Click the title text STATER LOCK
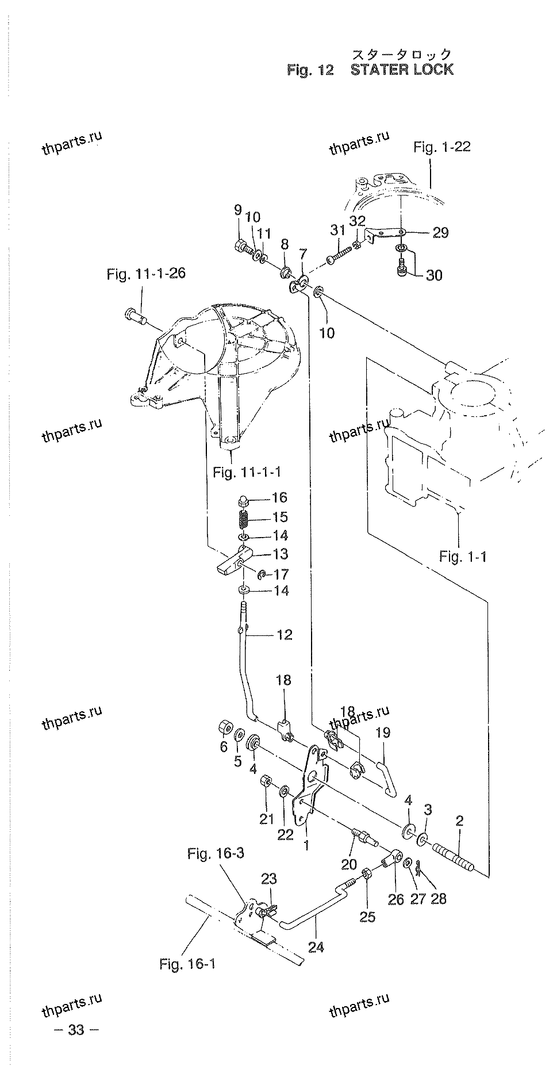click(x=402, y=70)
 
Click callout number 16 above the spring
click(x=279, y=498)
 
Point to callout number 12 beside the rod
click(x=285, y=635)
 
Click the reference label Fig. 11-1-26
click(x=146, y=274)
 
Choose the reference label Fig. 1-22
click(x=442, y=147)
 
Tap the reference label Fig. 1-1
click(x=463, y=557)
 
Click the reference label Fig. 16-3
click(x=216, y=853)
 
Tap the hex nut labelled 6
click(x=225, y=727)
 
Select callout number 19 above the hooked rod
click(x=383, y=733)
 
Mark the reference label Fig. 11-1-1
click(x=247, y=473)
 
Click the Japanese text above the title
click(x=402, y=55)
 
